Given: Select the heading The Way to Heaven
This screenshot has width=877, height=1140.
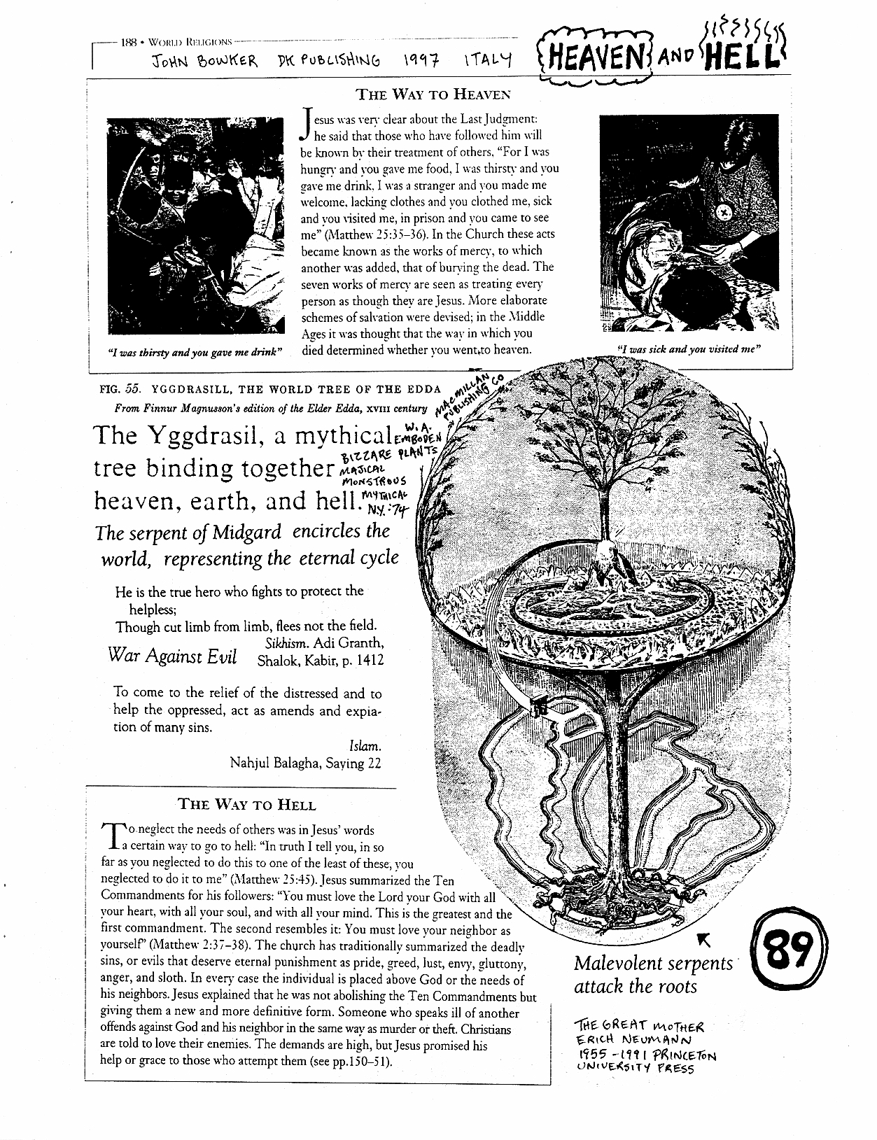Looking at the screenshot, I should pos(433,94).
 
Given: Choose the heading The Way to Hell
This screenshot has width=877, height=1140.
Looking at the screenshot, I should pos(246,804).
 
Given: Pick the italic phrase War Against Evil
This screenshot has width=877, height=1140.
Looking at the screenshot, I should pos(172,656).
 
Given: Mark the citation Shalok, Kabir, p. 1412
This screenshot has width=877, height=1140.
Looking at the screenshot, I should pos(321,659).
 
